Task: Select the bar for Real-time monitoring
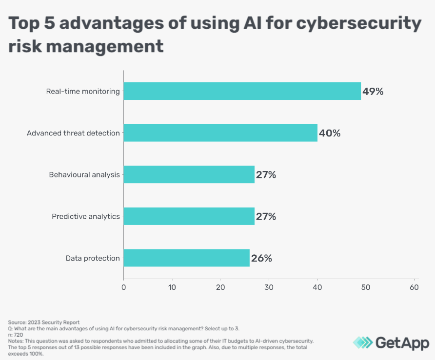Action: pyautogui.click(x=242, y=91)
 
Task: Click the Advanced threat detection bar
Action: pyautogui.click(x=220, y=133)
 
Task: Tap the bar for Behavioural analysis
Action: pyautogui.click(x=189, y=174)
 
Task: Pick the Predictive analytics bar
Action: pyautogui.click(x=189, y=216)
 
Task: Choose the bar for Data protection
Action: pyautogui.click(x=186, y=258)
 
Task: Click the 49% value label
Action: pyautogui.click(x=373, y=92)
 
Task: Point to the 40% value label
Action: pyautogui.click(x=329, y=133)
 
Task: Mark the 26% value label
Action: pyautogui.click(x=261, y=258)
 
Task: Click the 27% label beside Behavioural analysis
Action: pyautogui.click(x=266, y=175)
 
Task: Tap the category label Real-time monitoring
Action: pyautogui.click(x=83, y=91)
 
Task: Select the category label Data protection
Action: pyautogui.click(x=93, y=258)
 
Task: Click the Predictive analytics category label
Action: pyautogui.click(x=86, y=216)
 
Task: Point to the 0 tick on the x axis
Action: pyautogui.click(x=124, y=287)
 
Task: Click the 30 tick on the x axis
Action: pyautogui.click(x=269, y=287)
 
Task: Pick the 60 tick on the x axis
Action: pyautogui.click(x=414, y=287)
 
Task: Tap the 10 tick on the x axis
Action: pyautogui.click(x=172, y=287)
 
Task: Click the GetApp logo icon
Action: pyautogui.click(x=362, y=342)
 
